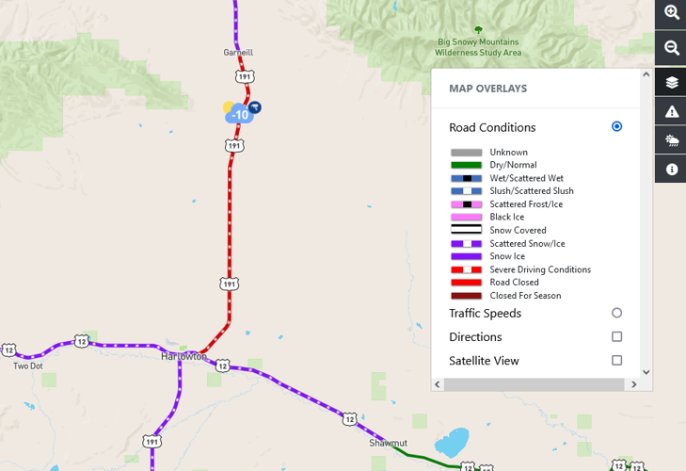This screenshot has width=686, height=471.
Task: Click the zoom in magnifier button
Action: pyautogui.click(x=672, y=13)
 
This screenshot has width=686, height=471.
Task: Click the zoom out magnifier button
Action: pyautogui.click(x=672, y=48)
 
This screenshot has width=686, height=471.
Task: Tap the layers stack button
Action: pyautogui.click(x=672, y=82)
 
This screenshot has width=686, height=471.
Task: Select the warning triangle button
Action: pyautogui.click(x=672, y=112)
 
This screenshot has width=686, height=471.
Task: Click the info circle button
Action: pyautogui.click(x=672, y=170)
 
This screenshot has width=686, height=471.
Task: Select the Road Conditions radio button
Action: pyautogui.click(x=616, y=126)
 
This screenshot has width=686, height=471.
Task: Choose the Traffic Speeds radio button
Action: pyautogui.click(x=616, y=313)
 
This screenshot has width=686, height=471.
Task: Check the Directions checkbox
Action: pyautogui.click(x=616, y=336)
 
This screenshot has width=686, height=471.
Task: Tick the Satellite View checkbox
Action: pyautogui.click(x=616, y=360)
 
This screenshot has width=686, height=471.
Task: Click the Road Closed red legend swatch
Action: pyautogui.click(x=466, y=283)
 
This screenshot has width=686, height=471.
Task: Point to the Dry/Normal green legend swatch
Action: pyautogui.click(x=466, y=165)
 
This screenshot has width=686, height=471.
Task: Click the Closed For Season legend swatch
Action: pyautogui.click(x=466, y=296)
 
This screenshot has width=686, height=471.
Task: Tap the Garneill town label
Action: pyautogui.click(x=238, y=53)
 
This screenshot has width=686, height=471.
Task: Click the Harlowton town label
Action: pyautogui.click(x=183, y=357)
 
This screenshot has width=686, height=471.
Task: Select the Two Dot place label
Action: pyautogui.click(x=28, y=366)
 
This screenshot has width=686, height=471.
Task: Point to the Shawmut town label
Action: pyautogui.click(x=387, y=441)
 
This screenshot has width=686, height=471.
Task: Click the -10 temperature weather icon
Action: pyautogui.click(x=239, y=115)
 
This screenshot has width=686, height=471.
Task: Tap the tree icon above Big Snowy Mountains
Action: pyautogui.click(x=478, y=30)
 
